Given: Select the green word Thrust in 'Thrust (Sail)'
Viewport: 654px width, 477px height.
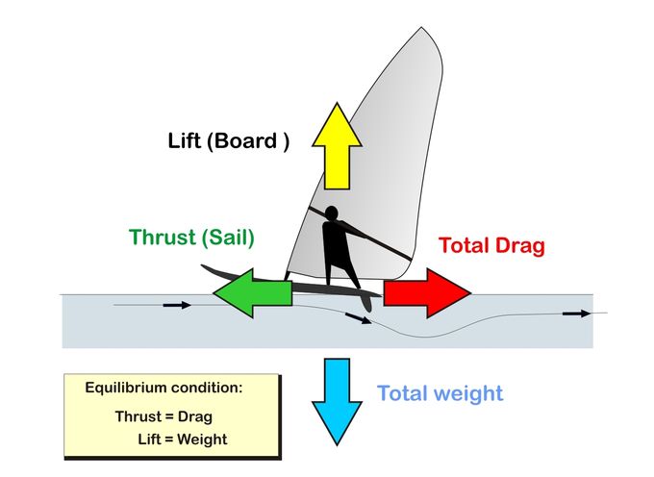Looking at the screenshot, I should pyautogui.click(x=161, y=238).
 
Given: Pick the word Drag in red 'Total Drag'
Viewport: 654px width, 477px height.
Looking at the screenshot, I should pyautogui.click(x=517, y=246).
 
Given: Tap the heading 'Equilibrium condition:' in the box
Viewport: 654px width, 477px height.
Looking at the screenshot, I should pyautogui.click(x=163, y=388).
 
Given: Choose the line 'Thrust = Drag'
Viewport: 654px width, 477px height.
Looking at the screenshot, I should pyautogui.click(x=163, y=416).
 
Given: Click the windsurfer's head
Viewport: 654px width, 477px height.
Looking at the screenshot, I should pyautogui.click(x=331, y=213).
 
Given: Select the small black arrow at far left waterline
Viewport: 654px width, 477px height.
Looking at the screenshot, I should pyautogui.click(x=176, y=306).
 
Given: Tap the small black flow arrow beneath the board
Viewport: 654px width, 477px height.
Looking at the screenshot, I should pyautogui.click(x=359, y=318).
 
